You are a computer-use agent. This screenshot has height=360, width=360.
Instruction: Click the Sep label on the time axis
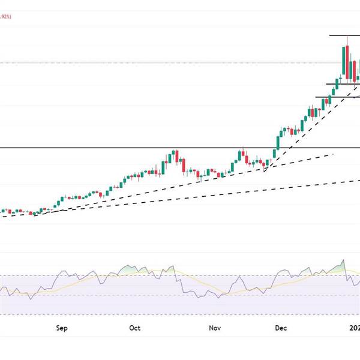tap(62, 328)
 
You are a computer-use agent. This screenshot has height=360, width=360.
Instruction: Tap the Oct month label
tap(135, 328)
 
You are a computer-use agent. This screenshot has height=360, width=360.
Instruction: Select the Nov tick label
tap(214, 328)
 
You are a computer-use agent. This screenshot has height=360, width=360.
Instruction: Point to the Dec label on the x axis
tap(281, 328)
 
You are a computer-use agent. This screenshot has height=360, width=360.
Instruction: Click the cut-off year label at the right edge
tap(355, 328)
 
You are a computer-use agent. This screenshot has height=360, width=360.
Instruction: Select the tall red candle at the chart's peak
tap(347, 61)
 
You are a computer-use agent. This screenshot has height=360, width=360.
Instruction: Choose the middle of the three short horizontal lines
tap(339, 84)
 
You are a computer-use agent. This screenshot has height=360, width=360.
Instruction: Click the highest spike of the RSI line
tap(344, 260)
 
